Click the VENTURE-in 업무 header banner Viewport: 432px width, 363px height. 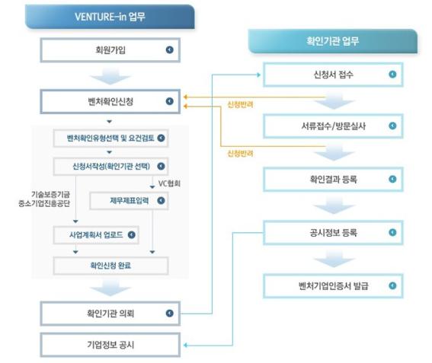[110, 17]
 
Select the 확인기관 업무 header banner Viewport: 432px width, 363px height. [333, 41]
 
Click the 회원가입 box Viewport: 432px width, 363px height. [110, 50]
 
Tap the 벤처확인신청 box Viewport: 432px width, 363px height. [110, 101]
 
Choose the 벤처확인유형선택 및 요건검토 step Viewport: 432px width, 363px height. [110, 139]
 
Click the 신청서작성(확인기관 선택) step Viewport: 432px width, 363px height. [110, 167]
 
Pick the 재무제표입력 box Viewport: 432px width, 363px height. [129, 201]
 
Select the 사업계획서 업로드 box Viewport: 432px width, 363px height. [96, 235]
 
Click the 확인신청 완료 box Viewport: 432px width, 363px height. [110, 266]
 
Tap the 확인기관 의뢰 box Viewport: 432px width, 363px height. [110, 314]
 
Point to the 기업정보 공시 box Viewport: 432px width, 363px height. [110, 345]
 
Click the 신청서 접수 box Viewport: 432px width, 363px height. [333, 75]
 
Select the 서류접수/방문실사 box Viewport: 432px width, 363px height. [333, 126]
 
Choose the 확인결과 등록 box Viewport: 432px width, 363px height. [333, 180]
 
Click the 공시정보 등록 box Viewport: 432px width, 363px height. [333, 233]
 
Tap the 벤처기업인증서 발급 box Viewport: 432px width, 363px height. [333, 286]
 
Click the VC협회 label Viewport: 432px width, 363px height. [169, 183]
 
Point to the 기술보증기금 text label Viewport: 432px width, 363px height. [50, 195]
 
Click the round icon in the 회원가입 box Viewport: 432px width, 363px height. [170, 49]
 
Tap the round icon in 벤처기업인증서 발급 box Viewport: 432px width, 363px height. [392, 285]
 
